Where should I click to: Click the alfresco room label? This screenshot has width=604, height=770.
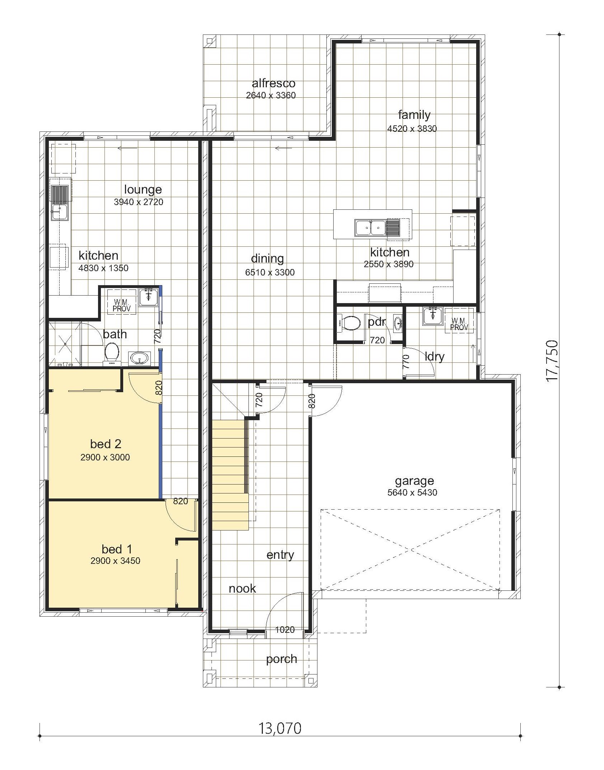(273, 83)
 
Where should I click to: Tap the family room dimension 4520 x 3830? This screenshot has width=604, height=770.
(412, 129)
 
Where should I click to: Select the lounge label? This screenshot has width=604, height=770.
(143, 190)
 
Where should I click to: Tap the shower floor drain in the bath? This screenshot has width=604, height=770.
(65, 344)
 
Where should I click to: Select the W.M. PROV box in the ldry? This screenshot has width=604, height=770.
(459, 324)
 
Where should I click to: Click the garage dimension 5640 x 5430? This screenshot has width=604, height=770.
(412, 492)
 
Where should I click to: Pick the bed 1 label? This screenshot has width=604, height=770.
(117, 549)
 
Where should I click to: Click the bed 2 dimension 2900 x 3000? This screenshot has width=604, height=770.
(105, 457)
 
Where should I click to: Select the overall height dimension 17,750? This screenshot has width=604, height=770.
(552, 361)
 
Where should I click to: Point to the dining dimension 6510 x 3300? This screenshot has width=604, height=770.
(270, 272)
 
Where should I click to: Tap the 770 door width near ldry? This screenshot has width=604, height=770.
(406, 362)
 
